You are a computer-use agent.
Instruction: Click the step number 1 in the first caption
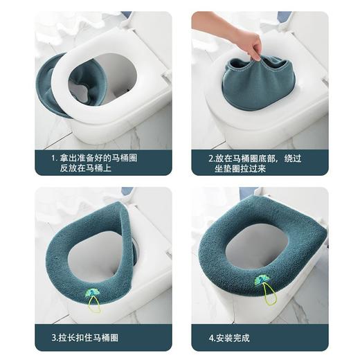pyautogui.click(x=54, y=158)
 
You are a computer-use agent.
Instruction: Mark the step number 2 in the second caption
pyautogui.click(x=210, y=158)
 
